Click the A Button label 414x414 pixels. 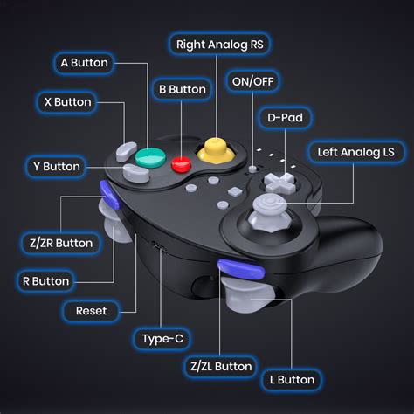(x=84, y=63)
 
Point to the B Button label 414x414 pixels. (x=182, y=89)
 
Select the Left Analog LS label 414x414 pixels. (x=355, y=153)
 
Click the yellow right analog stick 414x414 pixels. (x=213, y=149)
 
